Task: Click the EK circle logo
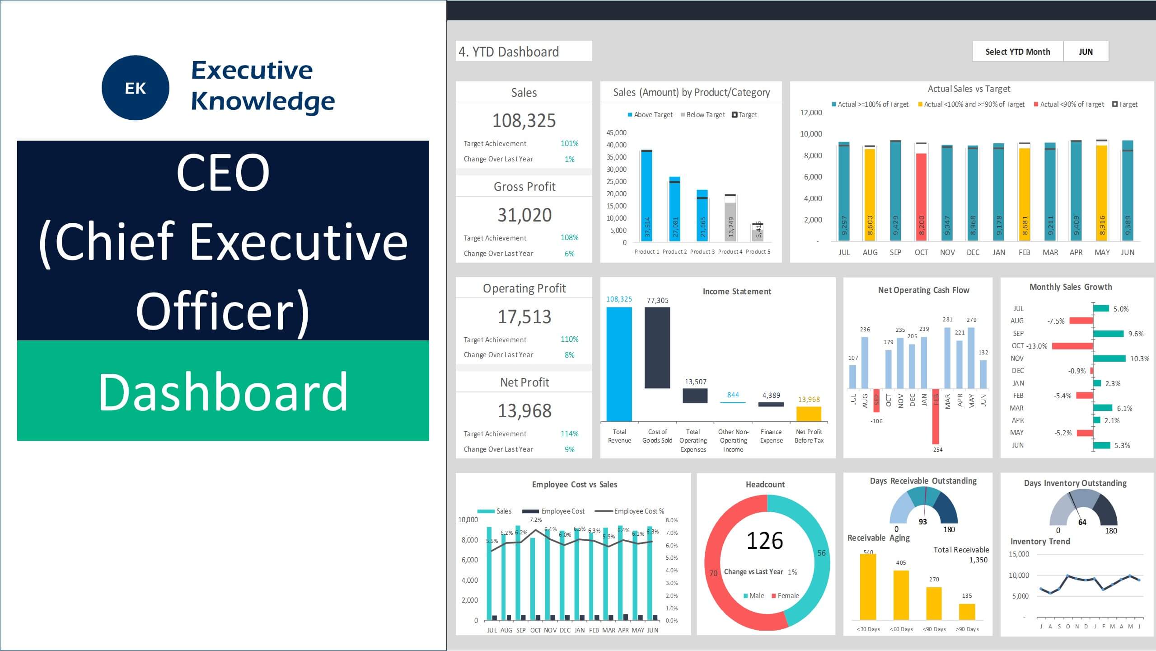[x=136, y=88]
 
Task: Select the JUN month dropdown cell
[x=1086, y=52]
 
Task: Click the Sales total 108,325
[x=524, y=121]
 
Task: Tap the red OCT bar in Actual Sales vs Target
[x=921, y=197]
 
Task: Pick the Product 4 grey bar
[x=730, y=222]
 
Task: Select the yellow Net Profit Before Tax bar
[x=809, y=414]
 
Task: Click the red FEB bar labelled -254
[x=936, y=416]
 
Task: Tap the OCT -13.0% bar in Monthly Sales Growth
[x=1072, y=346]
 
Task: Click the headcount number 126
[x=764, y=541]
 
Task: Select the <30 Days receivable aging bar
[x=868, y=586]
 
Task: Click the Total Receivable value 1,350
[x=978, y=560]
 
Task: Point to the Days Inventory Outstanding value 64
[x=1082, y=522]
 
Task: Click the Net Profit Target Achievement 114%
[x=569, y=434]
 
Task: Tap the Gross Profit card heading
[x=524, y=187]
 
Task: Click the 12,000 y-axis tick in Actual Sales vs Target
[x=811, y=113]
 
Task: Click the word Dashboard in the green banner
[x=223, y=392]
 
